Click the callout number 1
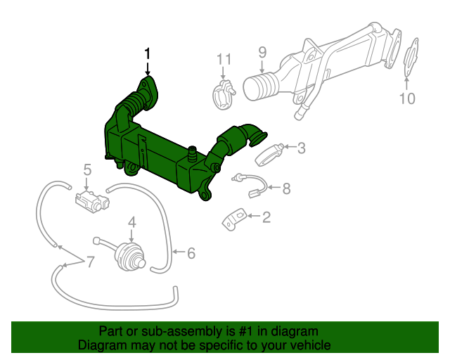(148, 53)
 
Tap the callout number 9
(262, 52)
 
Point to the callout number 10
(408, 98)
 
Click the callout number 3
(301, 148)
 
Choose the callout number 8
(286, 188)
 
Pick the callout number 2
(266, 218)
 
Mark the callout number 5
(88, 169)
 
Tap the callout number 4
(131, 224)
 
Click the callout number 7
(90, 262)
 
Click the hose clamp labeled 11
(223, 94)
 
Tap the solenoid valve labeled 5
(91, 199)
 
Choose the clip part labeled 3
(270, 153)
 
